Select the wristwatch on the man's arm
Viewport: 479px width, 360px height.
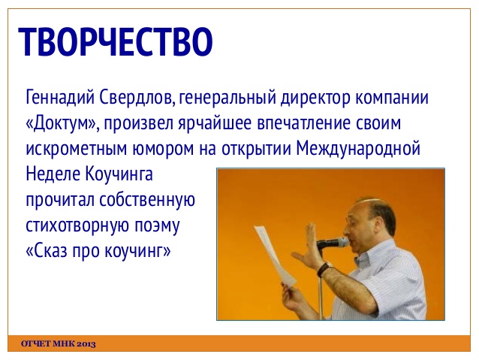pos(325,268)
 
